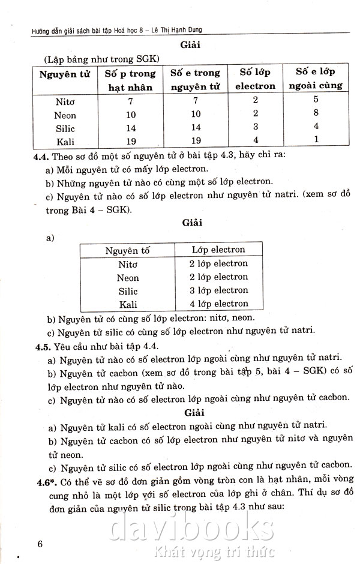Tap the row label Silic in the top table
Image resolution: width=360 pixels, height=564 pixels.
pos(65,128)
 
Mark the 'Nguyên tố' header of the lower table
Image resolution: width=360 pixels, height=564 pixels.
pos(128,250)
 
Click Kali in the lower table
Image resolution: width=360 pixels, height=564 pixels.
pos(128,305)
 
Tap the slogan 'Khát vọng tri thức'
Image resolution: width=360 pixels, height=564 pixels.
pos(214,551)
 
